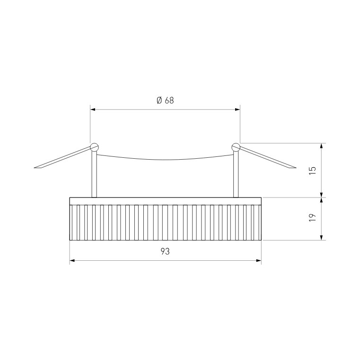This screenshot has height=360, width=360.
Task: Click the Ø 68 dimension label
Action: coord(165,100)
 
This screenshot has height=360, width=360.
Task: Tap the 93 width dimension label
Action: coord(165,252)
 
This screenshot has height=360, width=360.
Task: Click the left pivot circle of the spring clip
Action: coord(94,147)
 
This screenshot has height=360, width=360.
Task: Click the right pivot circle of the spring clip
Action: coord(236,147)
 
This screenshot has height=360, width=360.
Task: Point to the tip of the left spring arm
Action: coord(34,168)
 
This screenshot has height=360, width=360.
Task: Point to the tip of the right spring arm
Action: coord(296,168)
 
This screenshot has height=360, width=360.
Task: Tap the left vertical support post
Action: coord(94,174)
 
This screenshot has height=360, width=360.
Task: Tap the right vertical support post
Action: coord(236,174)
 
